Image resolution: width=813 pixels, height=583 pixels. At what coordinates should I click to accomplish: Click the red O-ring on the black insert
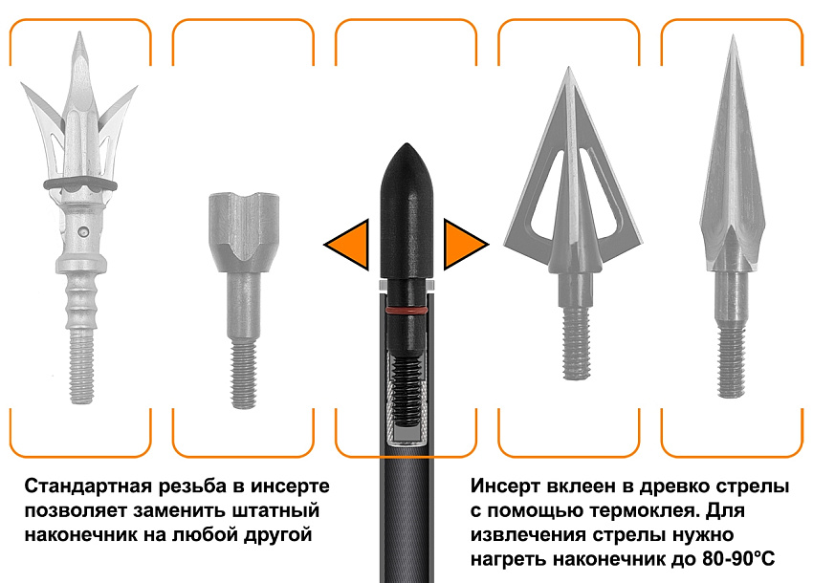coord(406,311)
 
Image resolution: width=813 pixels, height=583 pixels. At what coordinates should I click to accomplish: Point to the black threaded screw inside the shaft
coord(406,392)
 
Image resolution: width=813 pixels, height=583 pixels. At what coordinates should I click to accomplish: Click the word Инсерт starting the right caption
coord(506,486)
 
